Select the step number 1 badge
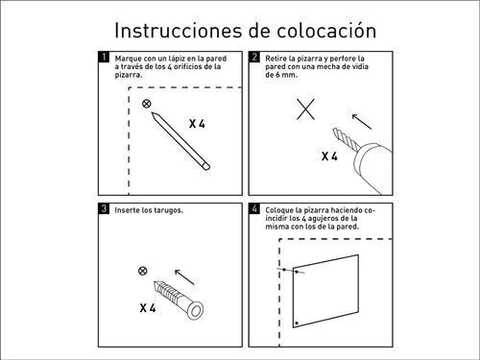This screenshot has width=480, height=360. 104,57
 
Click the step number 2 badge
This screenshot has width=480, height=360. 254,57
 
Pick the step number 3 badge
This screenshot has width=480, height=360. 104,208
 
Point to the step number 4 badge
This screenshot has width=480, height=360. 254,208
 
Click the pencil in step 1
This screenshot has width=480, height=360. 180,141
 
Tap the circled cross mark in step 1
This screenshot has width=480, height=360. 147,104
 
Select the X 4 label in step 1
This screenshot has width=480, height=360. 197,124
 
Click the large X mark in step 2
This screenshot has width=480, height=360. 305,109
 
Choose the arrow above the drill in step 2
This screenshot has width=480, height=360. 362,122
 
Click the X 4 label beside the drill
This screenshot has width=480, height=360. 329,156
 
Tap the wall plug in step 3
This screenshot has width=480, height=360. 179,300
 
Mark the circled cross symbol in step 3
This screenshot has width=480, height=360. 143,271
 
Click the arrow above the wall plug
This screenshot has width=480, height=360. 184,277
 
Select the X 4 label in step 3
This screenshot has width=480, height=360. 148,308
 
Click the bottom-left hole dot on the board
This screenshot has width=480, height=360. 297,324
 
